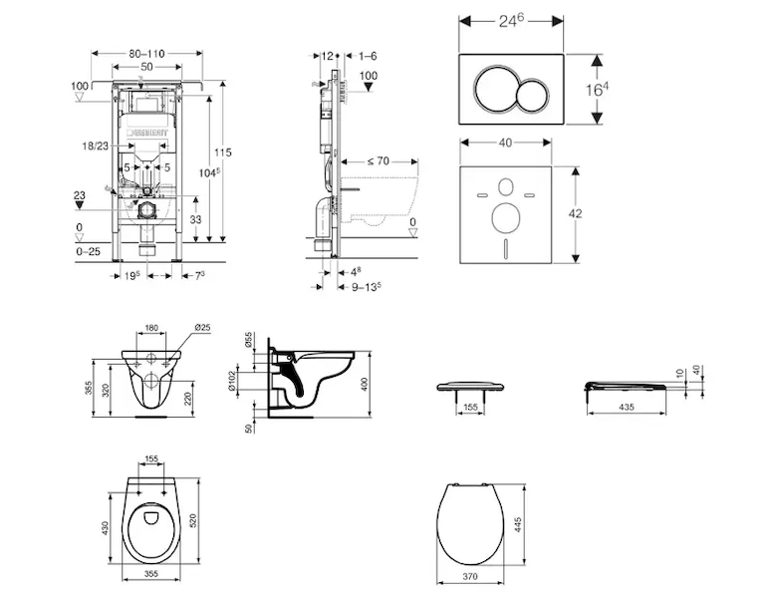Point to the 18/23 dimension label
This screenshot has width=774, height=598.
coord(96,146)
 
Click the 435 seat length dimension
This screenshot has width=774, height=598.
coord(627,408)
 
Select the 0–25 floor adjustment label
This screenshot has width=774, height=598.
coord(89,253)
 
